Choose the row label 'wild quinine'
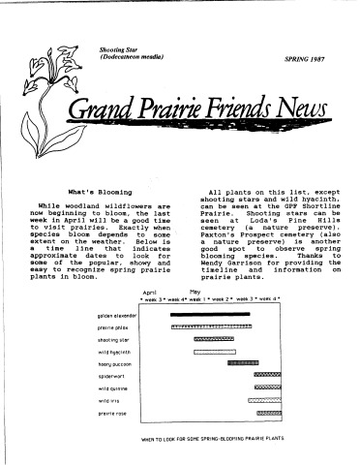pyautogui.click(x=113, y=387)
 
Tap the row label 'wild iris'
pyautogui.click(x=107, y=399)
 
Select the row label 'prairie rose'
pyautogui.click(x=111, y=412)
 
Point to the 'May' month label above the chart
pyautogui.click(x=195, y=291)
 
